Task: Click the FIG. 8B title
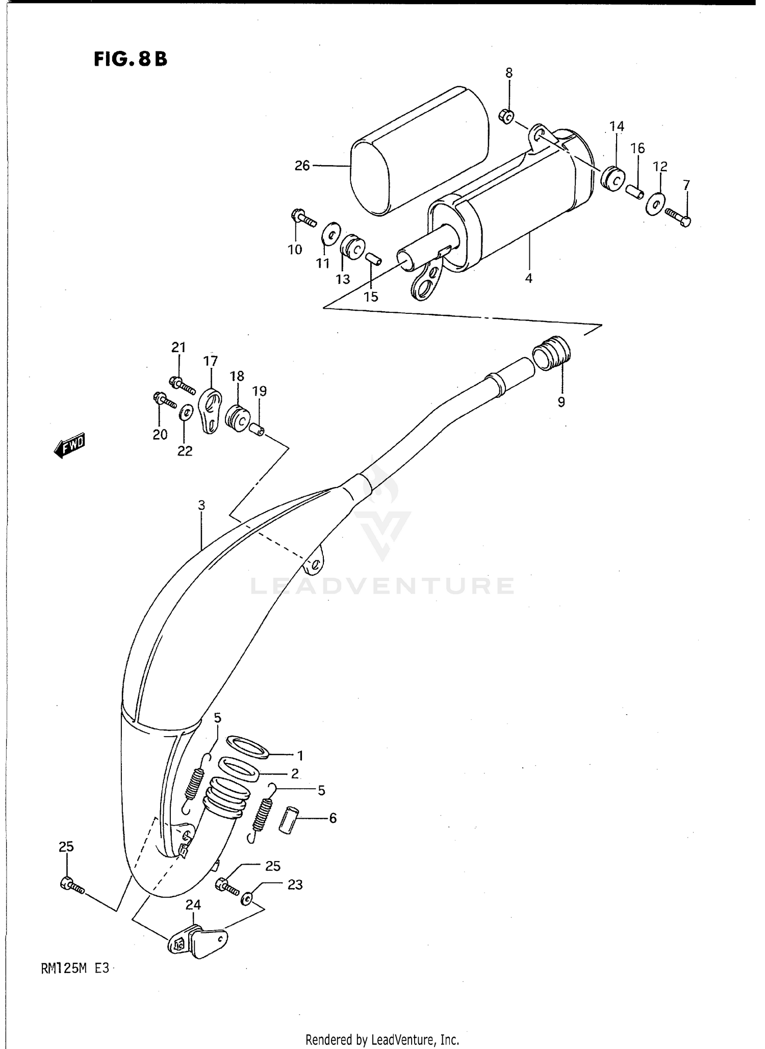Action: [130, 60]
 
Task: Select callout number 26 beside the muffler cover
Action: [302, 166]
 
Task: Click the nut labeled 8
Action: [506, 117]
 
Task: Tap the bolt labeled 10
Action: [303, 218]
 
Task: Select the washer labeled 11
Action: [331, 234]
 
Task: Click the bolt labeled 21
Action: [182, 385]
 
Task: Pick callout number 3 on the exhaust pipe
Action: [201, 505]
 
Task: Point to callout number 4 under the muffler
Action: [528, 278]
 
